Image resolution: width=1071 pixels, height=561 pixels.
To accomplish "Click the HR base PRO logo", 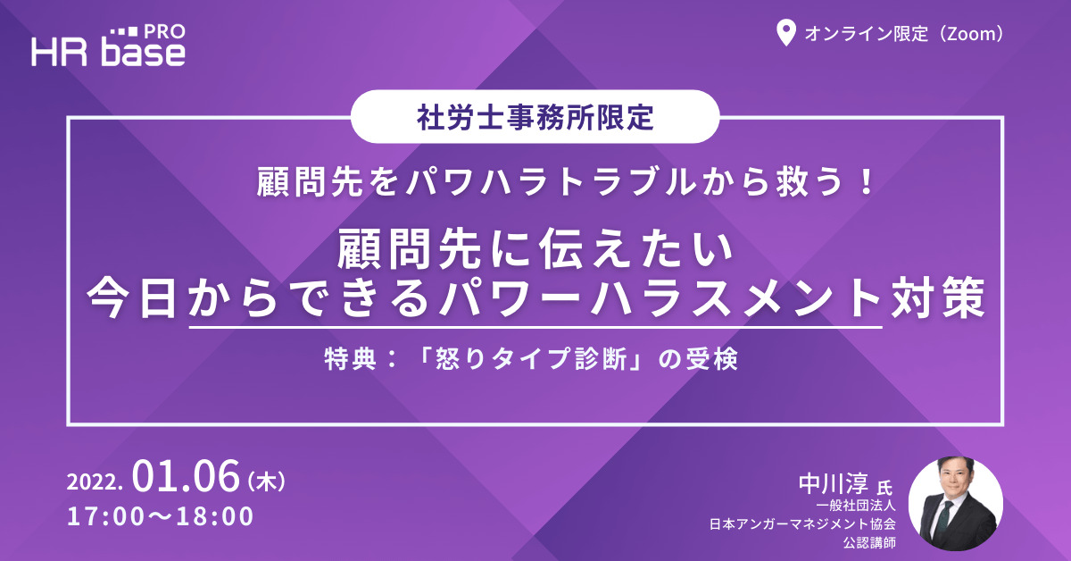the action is [x=108, y=46].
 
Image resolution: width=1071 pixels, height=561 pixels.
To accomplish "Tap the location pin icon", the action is [x=785, y=33].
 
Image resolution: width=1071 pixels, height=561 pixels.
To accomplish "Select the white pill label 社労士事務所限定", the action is [x=535, y=116].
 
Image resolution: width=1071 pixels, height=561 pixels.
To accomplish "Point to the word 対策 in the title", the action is [x=937, y=297].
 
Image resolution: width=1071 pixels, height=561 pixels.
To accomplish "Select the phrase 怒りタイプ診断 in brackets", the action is [x=531, y=359].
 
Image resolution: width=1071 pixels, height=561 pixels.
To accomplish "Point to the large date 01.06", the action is [x=186, y=476].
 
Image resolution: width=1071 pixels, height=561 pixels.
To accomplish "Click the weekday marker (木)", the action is [x=266, y=481].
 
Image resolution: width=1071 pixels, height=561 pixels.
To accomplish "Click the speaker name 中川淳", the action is [x=834, y=483].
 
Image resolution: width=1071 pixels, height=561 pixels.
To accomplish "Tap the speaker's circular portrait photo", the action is [x=956, y=503].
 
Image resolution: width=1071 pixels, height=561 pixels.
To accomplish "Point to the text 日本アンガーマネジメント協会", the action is [x=802, y=523].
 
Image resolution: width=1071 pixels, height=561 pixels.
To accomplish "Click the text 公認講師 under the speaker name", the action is [x=868, y=542].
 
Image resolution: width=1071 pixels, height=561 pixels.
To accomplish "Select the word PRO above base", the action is [x=165, y=32].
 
